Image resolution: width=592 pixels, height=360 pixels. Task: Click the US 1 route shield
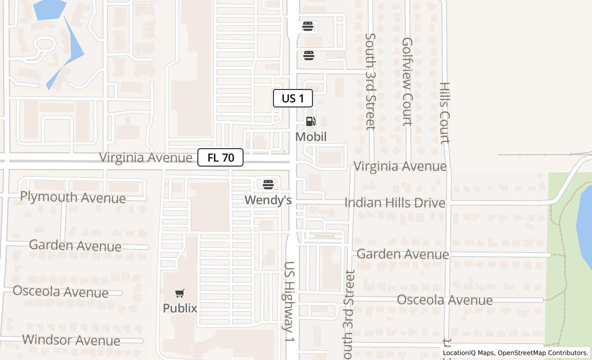tap(292, 98)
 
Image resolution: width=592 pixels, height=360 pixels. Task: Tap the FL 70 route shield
tap(220, 158)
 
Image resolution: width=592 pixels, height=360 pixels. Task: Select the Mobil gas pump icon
tap(311, 122)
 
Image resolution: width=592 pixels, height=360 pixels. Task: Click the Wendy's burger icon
tap(268, 184)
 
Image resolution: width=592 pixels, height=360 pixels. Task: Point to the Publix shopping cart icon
tap(180, 294)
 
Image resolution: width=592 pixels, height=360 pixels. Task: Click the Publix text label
tap(180, 308)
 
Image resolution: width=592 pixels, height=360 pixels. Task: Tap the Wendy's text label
tap(268, 200)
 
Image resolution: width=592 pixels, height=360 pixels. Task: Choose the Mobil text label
tap(311, 137)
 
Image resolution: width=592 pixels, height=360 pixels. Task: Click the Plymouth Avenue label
tap(73, 197)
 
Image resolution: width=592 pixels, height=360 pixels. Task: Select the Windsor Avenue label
tap(71, 340)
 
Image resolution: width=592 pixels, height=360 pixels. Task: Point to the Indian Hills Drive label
tap(395, 203)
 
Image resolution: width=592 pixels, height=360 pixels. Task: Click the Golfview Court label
tap(407, 81)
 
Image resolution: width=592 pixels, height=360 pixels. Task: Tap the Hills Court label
tap(445, 113)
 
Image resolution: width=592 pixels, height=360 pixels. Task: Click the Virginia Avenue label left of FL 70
tap(145, 157)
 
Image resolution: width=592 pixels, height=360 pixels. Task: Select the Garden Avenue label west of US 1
tap(75, 245)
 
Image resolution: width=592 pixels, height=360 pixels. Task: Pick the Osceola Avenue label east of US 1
tap(445, 300)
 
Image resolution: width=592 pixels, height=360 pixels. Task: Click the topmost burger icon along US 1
tap(308, 26)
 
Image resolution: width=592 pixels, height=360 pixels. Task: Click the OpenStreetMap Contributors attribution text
tap(543, 353)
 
